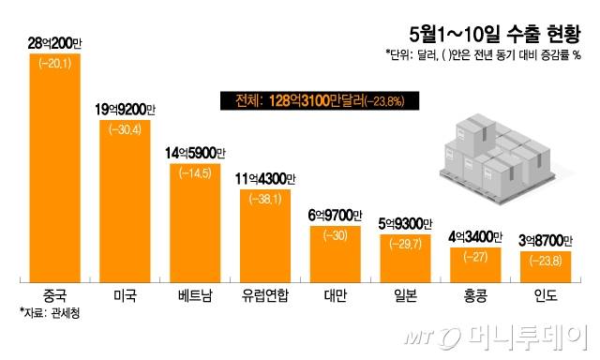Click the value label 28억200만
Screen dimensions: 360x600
coord(56,43)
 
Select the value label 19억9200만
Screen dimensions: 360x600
coord(127,110)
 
